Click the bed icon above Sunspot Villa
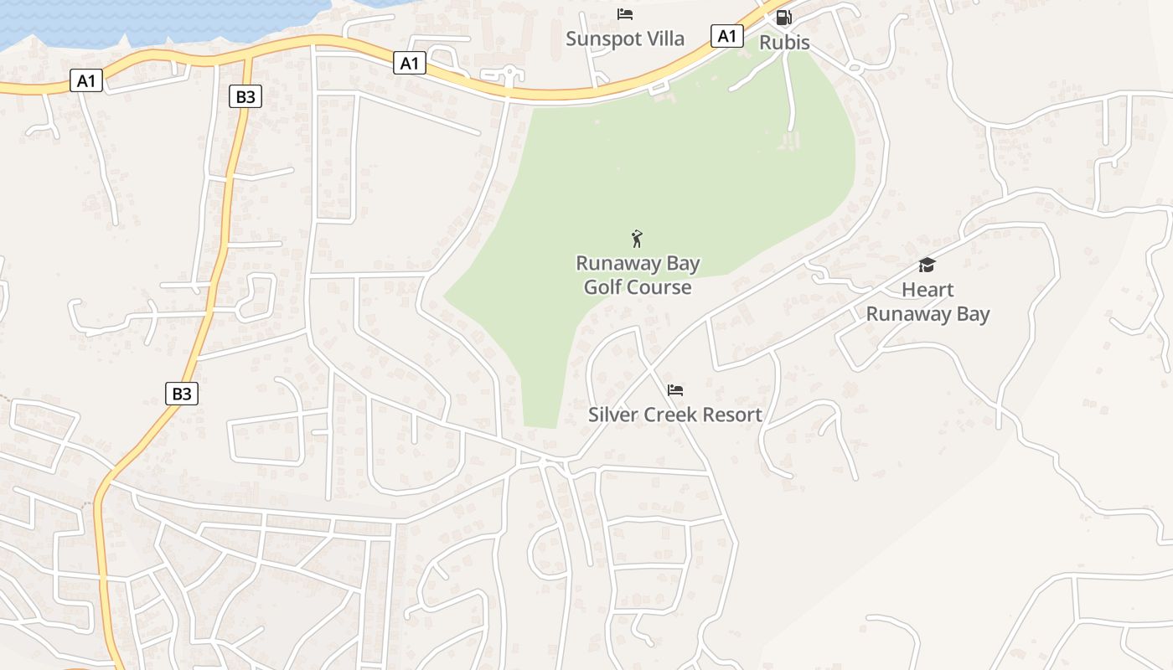click(624, 14)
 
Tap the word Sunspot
click(601, 39)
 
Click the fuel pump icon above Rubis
click(783, 17)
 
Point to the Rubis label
click(785, 42)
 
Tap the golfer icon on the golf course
click(637, 239)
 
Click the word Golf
click(602, 287)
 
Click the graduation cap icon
click(927, 265)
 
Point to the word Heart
click(928, 290)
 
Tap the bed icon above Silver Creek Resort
click(675, 390)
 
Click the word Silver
click(612, 415)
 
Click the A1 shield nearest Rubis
click(727, 36)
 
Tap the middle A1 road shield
click(409, 63)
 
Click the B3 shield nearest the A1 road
click(245, 97)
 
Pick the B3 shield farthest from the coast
click(181, 394)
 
